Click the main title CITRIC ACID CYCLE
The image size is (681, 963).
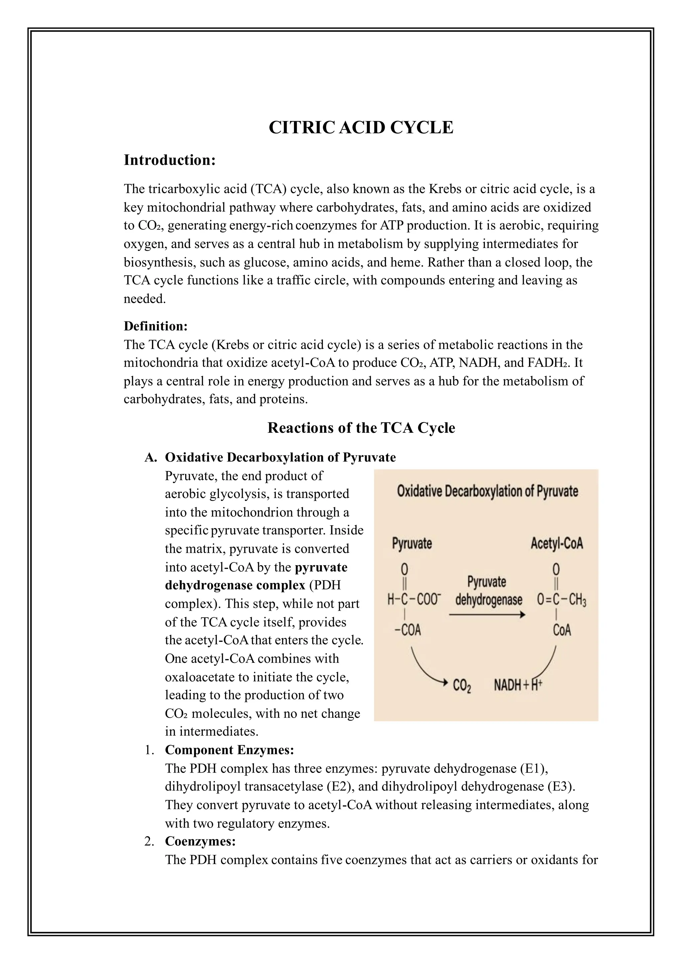point(361,128)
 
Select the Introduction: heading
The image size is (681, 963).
point(170,160)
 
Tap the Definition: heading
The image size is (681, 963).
point(155,326)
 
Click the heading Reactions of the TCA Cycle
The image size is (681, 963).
point(361,428)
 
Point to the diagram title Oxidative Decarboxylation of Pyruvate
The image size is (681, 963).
point(487,491)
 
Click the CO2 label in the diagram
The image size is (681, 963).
point(462,686)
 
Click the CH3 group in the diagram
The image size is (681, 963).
point(578,600)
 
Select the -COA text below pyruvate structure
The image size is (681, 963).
point(408,630)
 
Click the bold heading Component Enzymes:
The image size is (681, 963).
point(229,750)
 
